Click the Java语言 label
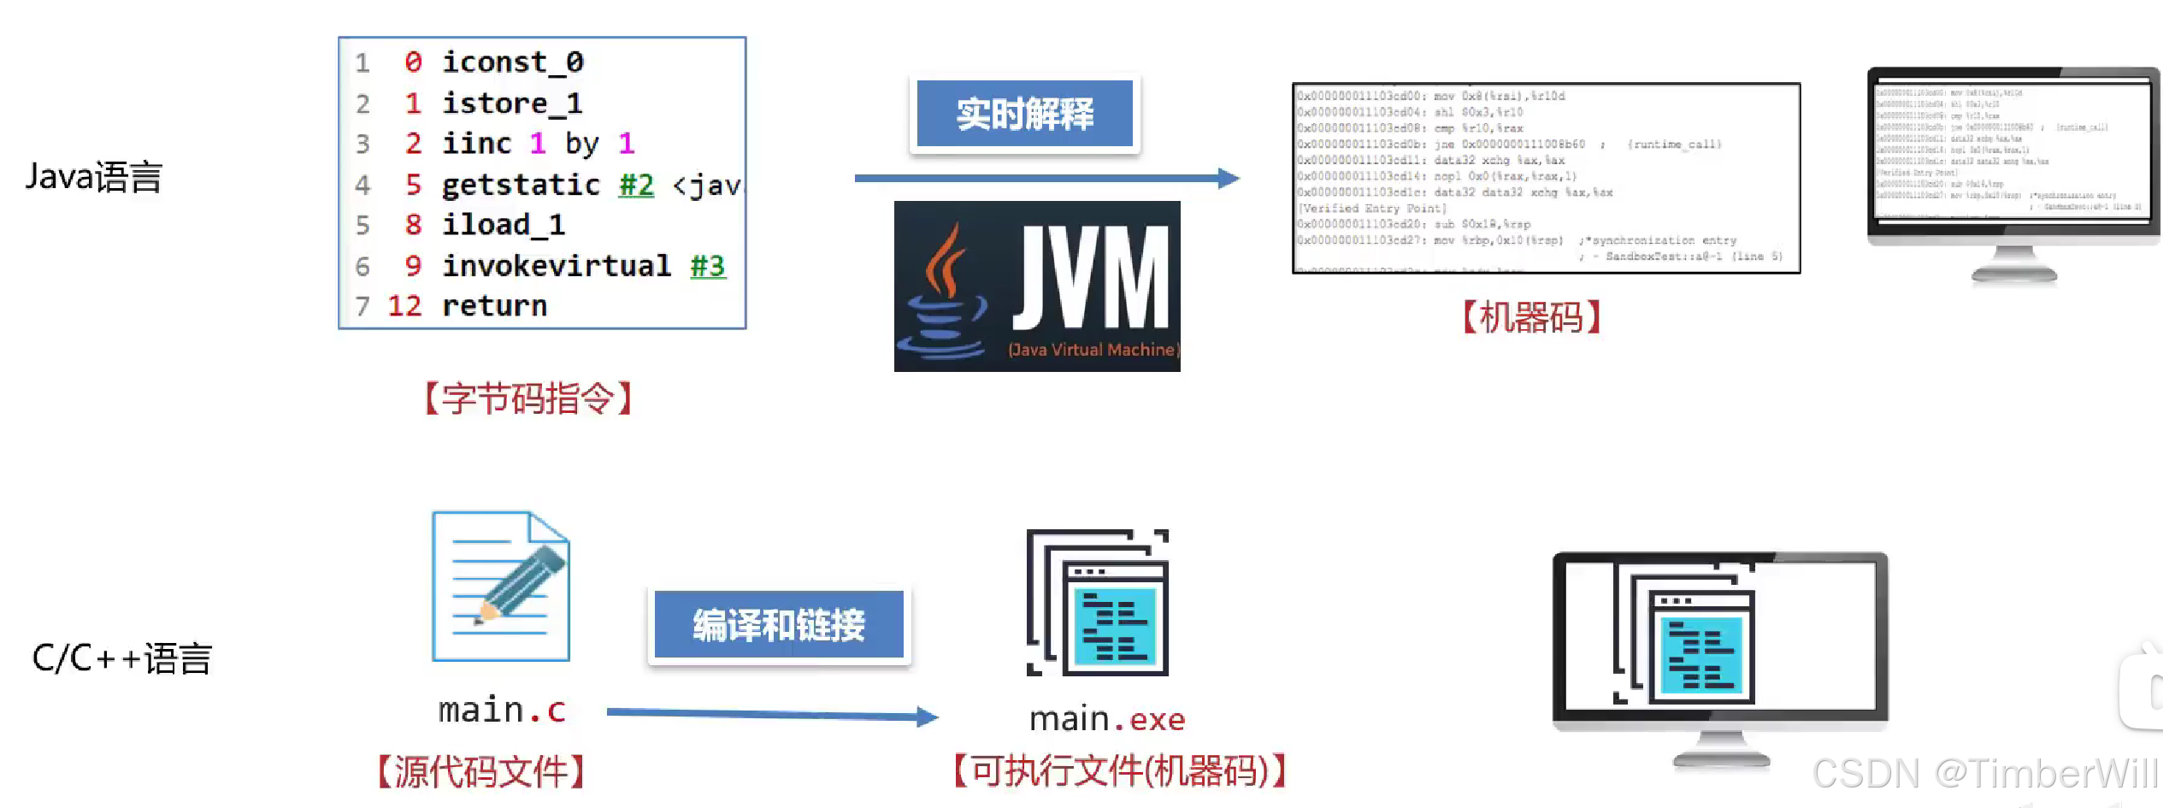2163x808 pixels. (94, 177)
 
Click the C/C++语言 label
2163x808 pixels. (122, 658)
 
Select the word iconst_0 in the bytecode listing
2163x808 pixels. (512, 62)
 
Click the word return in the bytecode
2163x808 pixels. (494, 306)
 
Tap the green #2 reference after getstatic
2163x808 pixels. (636, 185)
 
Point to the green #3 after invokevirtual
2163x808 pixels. (707, 266)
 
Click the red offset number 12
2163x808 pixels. (404, 306)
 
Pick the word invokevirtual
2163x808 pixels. (556, 266)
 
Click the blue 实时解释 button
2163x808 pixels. (1024, 114)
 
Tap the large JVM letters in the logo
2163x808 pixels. (1092, 278)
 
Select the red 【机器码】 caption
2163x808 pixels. (1531, 317)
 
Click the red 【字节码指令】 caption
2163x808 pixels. (528, 398)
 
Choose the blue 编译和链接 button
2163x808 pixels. (779, 625)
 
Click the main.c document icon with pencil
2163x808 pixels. (501, 586)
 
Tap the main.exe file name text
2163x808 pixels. (1107, 720)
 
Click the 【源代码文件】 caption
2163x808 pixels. (481, 771)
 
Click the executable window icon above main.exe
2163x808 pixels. (1098, 603)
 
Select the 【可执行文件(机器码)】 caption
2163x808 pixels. (1119, 771)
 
